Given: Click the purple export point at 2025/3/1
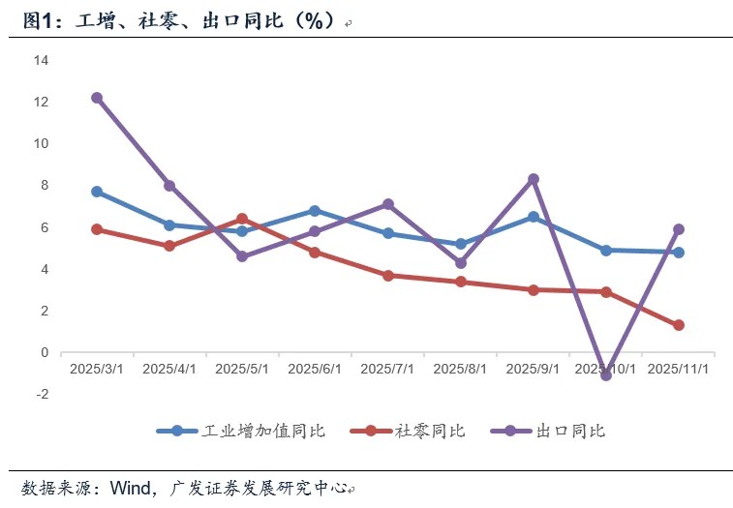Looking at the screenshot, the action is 97,98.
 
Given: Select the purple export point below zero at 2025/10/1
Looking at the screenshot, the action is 606,374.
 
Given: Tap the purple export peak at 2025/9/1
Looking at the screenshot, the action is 534,179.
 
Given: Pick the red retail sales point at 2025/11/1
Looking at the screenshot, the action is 679,325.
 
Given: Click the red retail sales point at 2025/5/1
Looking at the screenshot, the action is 242,219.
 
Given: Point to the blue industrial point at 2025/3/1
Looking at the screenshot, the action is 97,192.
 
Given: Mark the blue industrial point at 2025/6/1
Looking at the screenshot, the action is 315,211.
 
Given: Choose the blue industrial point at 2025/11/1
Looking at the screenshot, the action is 679,253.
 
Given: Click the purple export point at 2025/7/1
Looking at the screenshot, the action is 388,204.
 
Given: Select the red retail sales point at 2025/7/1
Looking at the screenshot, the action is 388,276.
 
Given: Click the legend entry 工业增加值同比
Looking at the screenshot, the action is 241,431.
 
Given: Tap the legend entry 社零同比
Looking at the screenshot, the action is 408,431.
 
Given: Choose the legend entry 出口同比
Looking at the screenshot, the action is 548,431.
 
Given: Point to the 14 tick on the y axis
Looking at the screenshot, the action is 41,60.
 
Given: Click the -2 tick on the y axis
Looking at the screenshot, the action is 43,394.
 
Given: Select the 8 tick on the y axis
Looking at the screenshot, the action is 45,185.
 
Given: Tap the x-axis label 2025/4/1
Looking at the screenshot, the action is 169,369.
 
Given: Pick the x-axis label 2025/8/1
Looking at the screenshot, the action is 460,369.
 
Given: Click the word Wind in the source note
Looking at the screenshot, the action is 131,488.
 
